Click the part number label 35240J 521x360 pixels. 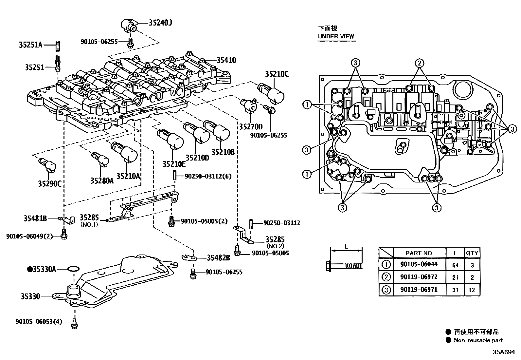160,23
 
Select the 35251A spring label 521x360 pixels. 30,45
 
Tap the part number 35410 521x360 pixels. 226,60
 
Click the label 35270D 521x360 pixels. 250,127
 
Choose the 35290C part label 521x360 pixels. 49,183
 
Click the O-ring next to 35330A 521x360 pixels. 73,269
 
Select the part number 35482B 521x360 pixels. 218,258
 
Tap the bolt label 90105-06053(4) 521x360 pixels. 39,321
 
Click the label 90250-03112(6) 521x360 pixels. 208,176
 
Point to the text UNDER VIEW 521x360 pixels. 336,36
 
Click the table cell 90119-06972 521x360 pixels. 419,277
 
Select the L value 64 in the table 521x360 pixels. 455,265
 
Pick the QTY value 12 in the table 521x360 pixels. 472,290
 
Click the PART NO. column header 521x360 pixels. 419,253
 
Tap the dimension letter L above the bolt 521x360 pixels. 346,247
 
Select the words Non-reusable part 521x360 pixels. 478,340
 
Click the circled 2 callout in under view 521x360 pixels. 420,63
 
